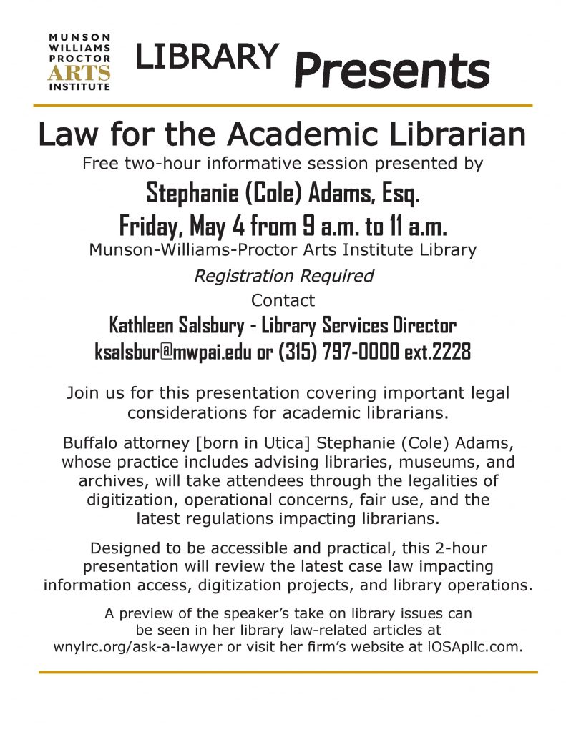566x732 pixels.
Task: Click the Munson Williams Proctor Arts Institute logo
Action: click(x=79, y=61)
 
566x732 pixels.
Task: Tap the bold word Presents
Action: click(x=392, y=71)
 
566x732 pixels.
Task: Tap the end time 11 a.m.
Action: click(x=415, y=227)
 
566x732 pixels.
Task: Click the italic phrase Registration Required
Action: click(x=283, y=275)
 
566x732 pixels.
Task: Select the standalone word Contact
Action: click(x=283, y=300)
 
